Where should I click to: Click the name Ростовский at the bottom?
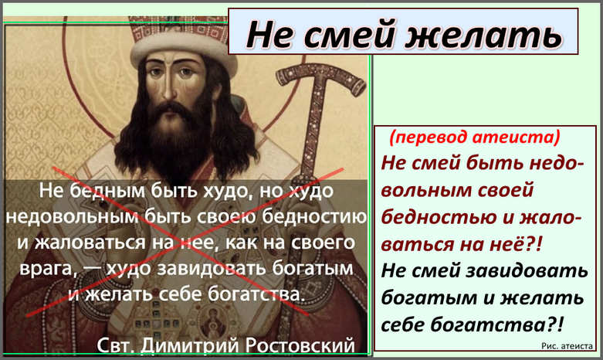coord(300,345)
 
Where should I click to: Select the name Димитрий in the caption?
coord(191,345)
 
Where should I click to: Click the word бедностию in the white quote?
coord(314,217)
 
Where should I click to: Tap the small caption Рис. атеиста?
coord(567,346)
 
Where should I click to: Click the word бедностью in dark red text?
coord(439,217)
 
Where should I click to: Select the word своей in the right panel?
coord(505,190)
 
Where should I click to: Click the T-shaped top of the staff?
coord(320,76)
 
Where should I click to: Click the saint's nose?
coord(168,90)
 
